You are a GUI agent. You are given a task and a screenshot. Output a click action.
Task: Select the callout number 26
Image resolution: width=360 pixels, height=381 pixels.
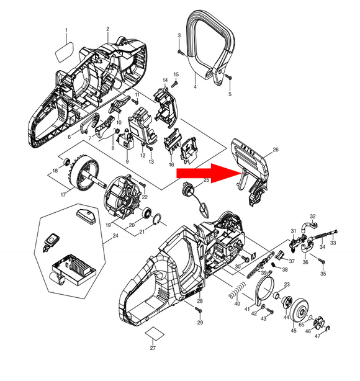(276, 149)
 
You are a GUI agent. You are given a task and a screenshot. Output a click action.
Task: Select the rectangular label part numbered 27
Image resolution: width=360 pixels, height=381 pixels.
(153, 338)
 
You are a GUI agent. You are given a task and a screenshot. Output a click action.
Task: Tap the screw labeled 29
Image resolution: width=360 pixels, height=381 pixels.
(199, 310)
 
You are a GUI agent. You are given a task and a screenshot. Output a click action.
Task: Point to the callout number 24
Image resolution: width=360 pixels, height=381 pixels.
(114, 236)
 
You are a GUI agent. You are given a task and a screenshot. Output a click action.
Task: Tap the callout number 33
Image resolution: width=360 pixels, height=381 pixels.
(333, 244)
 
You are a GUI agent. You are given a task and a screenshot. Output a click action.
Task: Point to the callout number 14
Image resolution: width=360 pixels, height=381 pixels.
(166, 81)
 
